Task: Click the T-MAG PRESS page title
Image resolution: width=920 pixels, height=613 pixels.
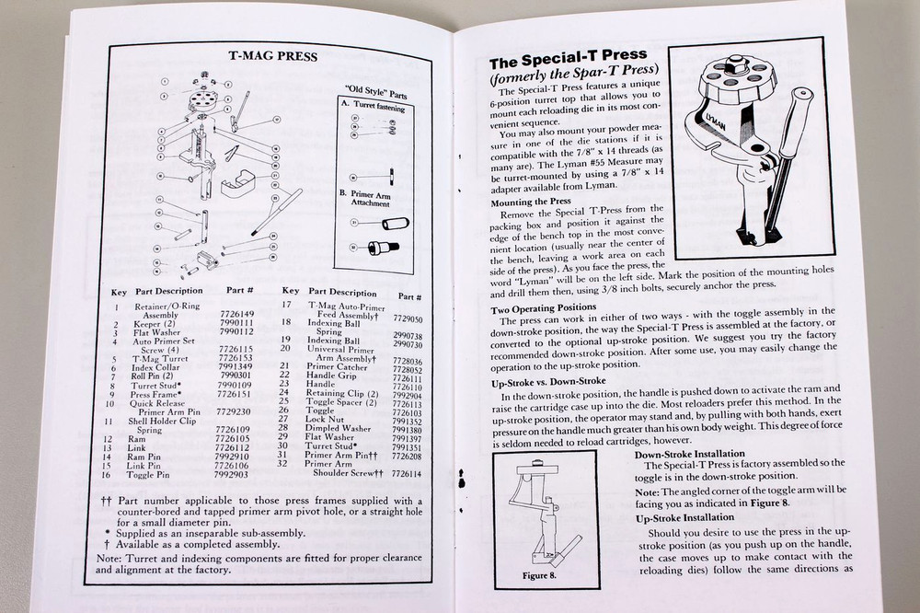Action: pyautogui.click(x=272, y=56)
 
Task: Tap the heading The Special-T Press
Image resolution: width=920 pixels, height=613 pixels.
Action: pyautogui.click(x=568, y=63)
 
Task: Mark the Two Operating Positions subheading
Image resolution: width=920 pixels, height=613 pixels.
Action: pyautogui.click(x=544, y=306)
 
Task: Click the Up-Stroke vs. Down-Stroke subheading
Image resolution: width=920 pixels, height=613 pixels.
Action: pyautogui.click(x=548, y=381)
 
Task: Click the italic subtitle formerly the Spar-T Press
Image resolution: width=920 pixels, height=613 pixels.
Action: pyautogui.click(x=576, y=79)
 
